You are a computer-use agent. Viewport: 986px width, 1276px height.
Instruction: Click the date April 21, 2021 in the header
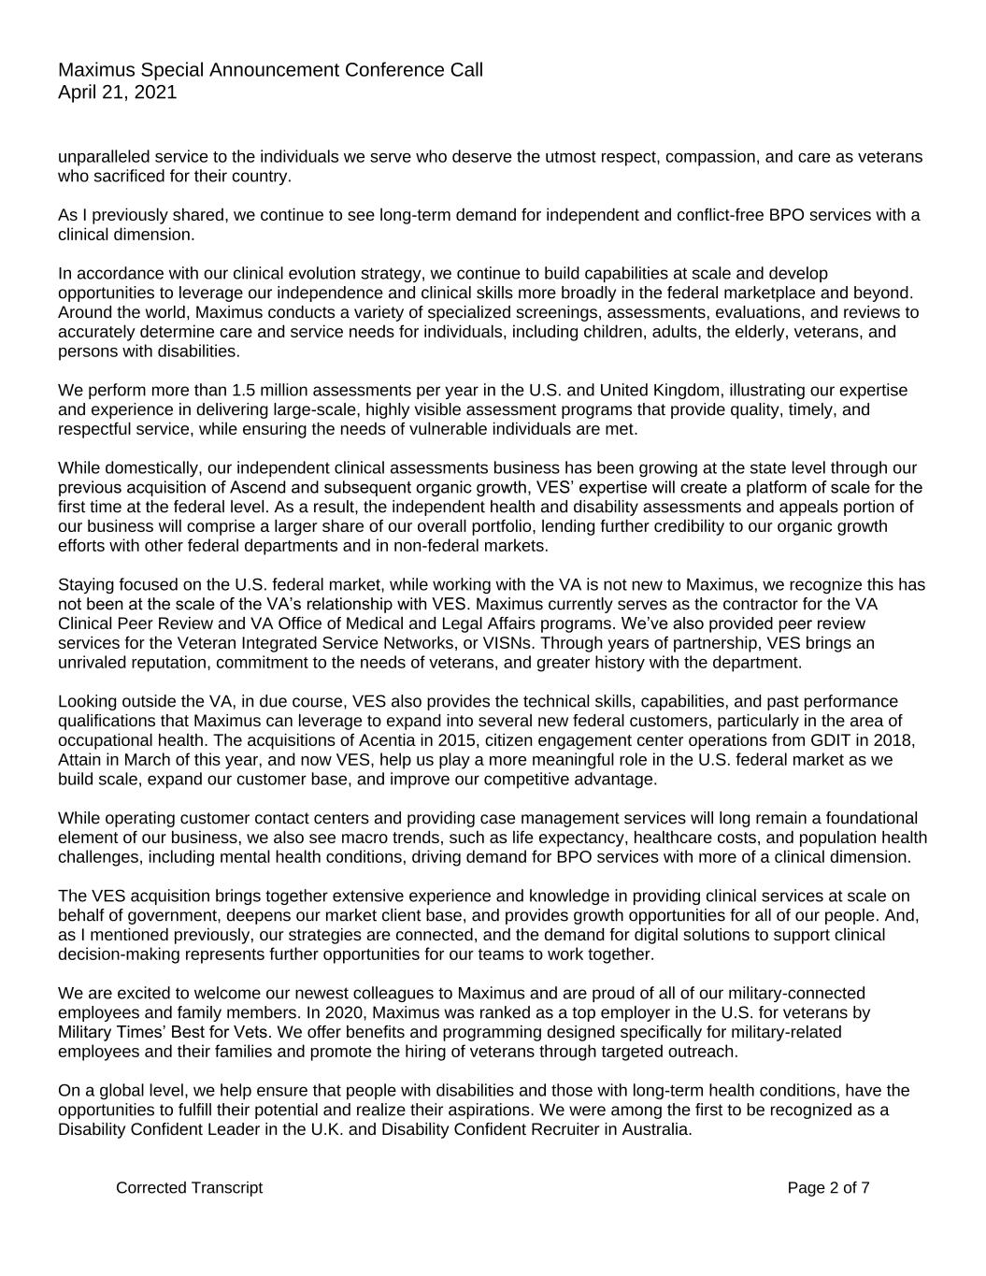(x=117, y=93)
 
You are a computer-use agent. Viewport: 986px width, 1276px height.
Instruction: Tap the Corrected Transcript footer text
(x=189, y=1188)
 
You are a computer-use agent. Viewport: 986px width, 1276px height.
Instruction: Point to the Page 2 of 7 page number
(x=828, y=1188)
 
